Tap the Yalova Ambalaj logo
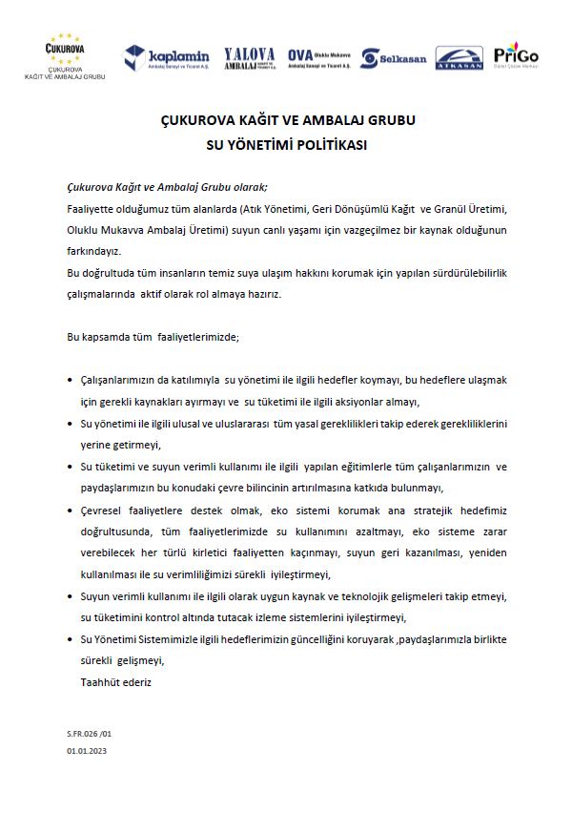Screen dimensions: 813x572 point(250,58)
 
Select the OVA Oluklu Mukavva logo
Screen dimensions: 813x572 point(318,58)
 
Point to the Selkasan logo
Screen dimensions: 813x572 point(394,58)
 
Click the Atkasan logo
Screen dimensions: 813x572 point(459,58)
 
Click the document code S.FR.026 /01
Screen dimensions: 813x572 point(89,735)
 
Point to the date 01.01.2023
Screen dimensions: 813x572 point(88,752)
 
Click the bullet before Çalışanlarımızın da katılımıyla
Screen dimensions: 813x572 point(71,381)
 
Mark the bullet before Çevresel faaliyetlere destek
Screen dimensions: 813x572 point(71,511)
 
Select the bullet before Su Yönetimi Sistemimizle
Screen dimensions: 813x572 point(71,639)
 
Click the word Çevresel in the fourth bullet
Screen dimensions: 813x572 point(103,511)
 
